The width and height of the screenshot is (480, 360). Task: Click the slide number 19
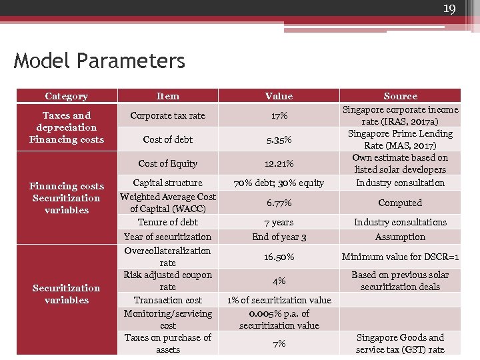(449, 9)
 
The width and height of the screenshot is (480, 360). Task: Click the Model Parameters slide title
(99, 61)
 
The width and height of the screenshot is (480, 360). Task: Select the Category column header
(66, 97)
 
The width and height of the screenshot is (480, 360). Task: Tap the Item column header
(167, 97)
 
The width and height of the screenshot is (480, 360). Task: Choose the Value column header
(279, 97)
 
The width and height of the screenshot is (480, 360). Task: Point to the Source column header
(400, 97)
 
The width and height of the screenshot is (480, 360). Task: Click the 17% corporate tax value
(279, 116)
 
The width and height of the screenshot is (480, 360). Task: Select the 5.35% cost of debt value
(279, 140)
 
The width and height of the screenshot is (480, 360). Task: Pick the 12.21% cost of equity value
(279, 164)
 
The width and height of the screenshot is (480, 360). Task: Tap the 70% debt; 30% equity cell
(279, 183)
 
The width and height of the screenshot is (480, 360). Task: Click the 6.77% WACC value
(279, 203)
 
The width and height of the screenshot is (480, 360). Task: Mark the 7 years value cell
(279, 223)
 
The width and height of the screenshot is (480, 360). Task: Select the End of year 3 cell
(279, 237)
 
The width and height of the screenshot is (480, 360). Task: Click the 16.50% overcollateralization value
(279, 257)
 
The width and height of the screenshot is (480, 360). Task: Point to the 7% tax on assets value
(279, 343)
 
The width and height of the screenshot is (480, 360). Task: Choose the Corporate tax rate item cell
(167, 116)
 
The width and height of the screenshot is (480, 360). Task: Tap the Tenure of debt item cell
(167, 223)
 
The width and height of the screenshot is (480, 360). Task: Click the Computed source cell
(400, 203)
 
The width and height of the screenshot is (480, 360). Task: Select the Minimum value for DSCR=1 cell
(400, 257)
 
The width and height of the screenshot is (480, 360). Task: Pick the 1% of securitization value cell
(279, 300)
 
